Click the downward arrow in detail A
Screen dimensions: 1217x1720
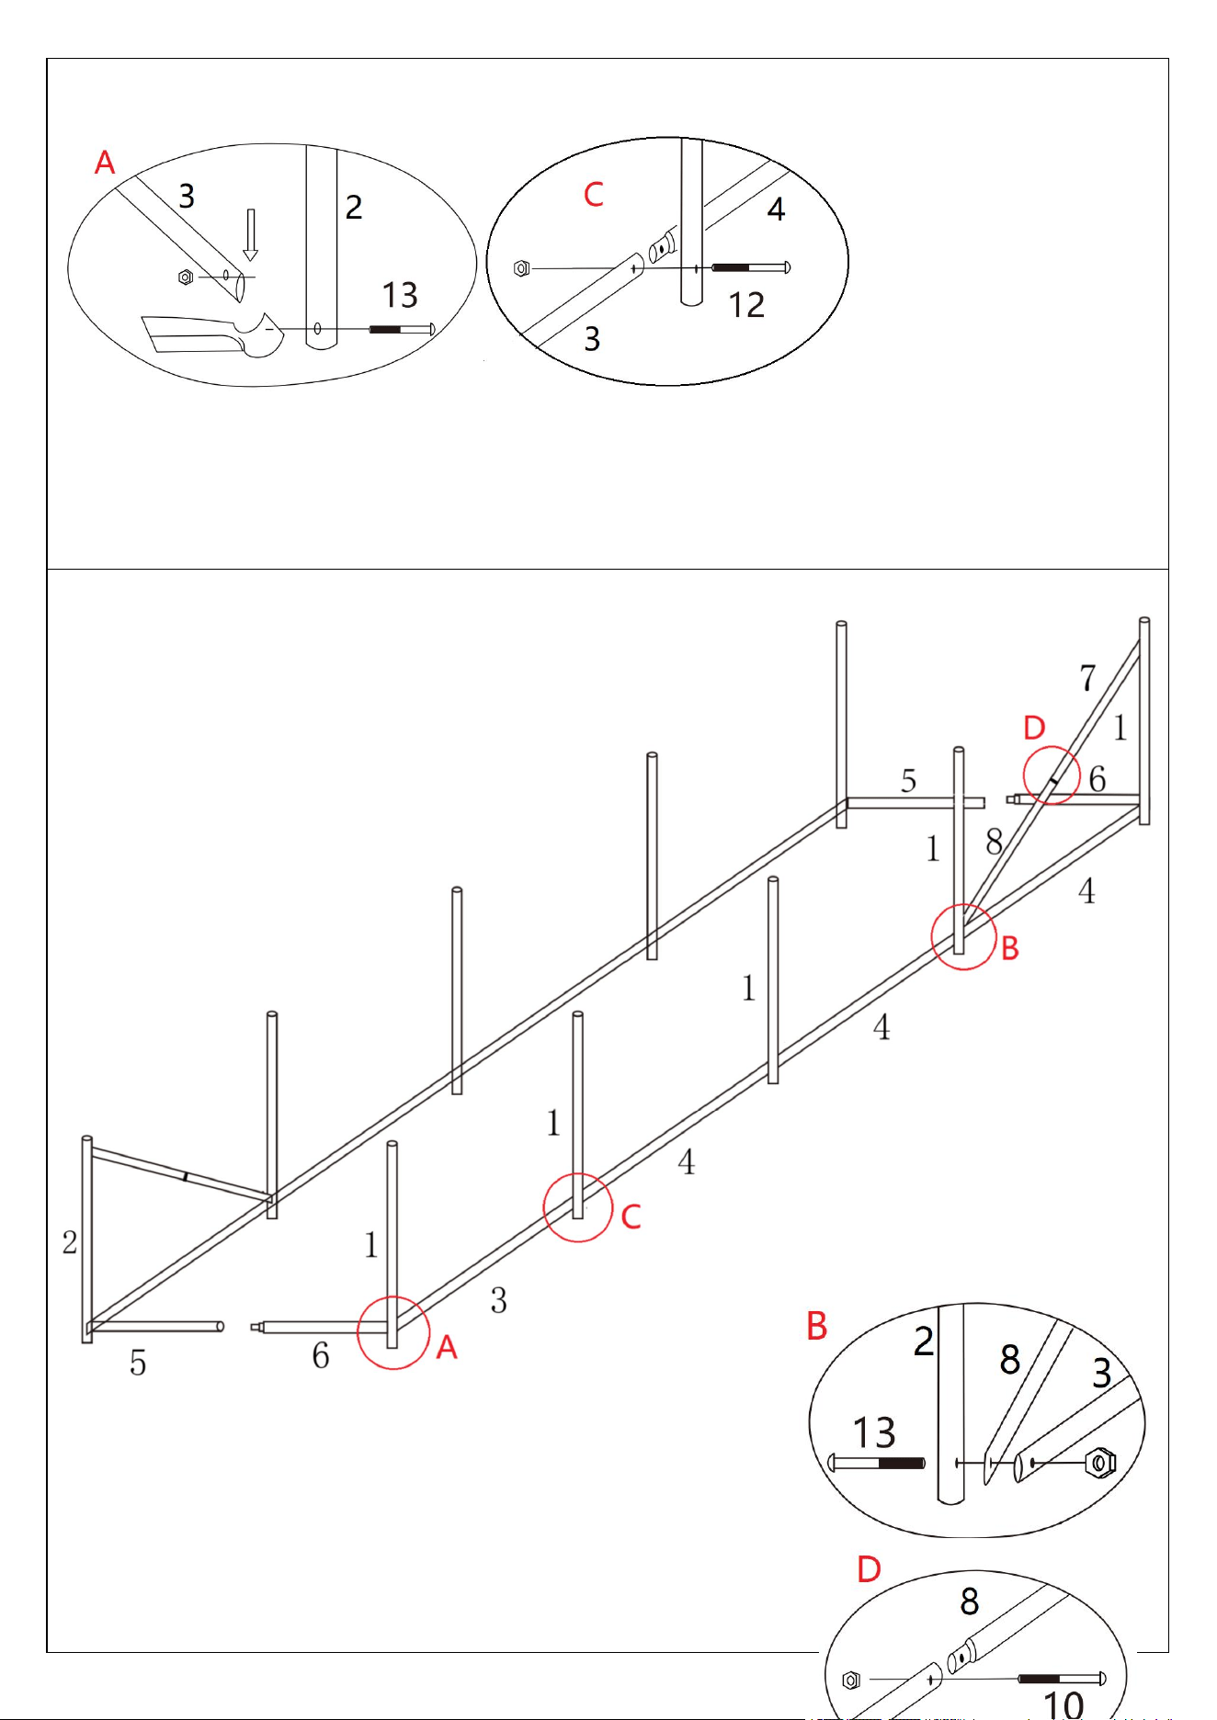[250, 235]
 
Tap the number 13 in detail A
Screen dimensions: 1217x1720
[400, 295]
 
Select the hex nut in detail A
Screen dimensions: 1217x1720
[185, 277]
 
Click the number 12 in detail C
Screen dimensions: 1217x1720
[746, 305]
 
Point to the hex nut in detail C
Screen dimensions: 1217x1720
[522, 268]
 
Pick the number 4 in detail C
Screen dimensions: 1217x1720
[776, 209]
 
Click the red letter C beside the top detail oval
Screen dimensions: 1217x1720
[594, 195]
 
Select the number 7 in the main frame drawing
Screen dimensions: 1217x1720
[1087, 678]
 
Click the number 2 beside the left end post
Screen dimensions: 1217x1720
[70, 1242]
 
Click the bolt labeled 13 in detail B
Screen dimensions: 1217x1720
[877, 1463]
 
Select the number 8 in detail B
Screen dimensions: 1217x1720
[1010, 1359]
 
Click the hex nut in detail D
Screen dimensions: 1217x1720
[851, 1680]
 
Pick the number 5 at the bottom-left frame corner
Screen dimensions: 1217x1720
[138, 1363]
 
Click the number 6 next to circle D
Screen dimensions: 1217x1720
[1097, 779]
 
